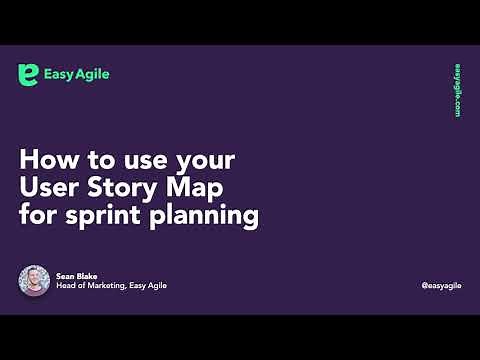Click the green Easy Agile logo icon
tap(29, 75)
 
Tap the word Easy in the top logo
tap(59, 75)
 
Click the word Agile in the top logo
tap(94, 75)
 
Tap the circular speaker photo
tap(34, 281)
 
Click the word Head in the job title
tap(65, 286)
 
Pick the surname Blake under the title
tap(85, 275)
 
